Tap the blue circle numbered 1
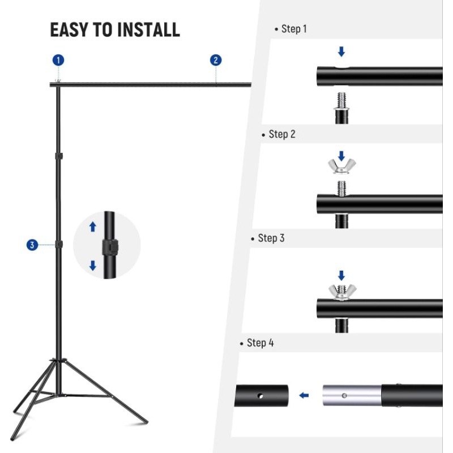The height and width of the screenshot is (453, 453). point(58,61)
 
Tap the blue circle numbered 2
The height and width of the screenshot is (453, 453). point(216,61)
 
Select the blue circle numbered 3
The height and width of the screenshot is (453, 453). point(32,245)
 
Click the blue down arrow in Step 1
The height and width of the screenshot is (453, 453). point(341,52)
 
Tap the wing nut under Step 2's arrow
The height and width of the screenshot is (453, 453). point(342,166)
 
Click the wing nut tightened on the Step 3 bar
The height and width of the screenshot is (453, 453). point(342,292)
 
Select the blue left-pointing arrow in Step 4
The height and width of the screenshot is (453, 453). point(304,395)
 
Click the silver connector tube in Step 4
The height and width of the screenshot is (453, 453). point(352,395)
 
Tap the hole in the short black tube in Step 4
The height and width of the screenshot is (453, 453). point(260,396)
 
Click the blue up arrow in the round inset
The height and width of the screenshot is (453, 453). point(92,227)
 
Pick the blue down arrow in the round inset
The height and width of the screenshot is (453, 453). point(93,266)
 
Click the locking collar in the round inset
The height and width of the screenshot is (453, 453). point(110,247)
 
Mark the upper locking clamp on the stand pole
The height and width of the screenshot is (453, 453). point(59,156)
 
